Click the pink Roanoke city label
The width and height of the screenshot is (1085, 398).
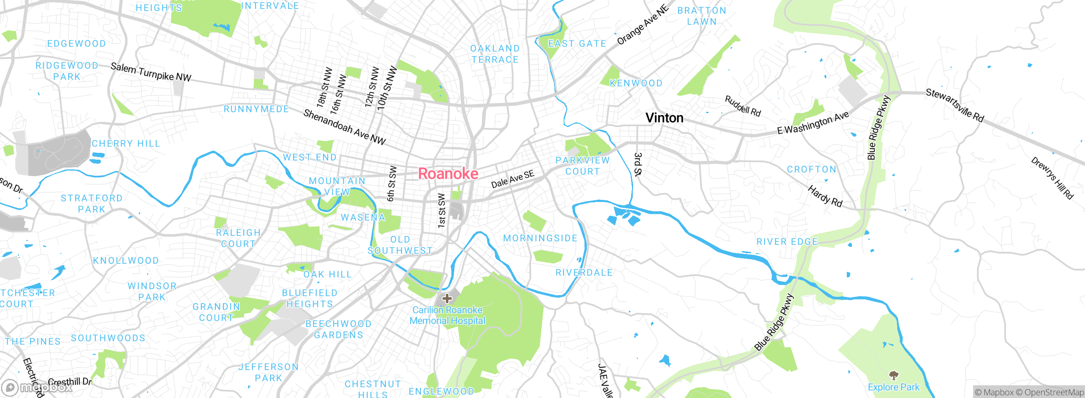[x=448, y=174]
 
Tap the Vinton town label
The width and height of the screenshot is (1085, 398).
[x=664, y=118]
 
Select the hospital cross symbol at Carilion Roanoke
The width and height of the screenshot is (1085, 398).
[x=447, y=298]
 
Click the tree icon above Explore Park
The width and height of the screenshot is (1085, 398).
[x=893, y=375]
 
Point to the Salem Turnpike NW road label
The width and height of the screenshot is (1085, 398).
[x=151, y=72]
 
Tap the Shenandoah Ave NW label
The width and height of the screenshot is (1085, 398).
[x=344, y=127]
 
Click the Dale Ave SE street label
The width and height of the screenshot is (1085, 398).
[x=512, y=179]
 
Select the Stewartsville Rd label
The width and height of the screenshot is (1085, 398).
[x=954, y=105]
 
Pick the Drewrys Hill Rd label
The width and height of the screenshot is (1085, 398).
[x=1052, y=178]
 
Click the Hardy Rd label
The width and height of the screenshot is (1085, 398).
[x=825, y=196]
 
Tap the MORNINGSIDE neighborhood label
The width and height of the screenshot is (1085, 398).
[x=540, y=238]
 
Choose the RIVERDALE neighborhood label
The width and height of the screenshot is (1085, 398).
[x=584, y=273]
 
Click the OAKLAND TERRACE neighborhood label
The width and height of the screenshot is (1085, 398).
[x=495, y=54]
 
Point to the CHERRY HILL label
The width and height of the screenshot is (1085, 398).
[x=126, y=144]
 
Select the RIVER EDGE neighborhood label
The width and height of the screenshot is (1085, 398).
[x=787, y=242]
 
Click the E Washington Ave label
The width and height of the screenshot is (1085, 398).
[x=813, y=123]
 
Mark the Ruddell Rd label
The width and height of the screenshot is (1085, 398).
[x=743, y=106]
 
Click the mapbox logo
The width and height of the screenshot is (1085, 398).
[x=37, y=387]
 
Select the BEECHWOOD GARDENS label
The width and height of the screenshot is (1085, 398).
[x=339, y=329]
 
